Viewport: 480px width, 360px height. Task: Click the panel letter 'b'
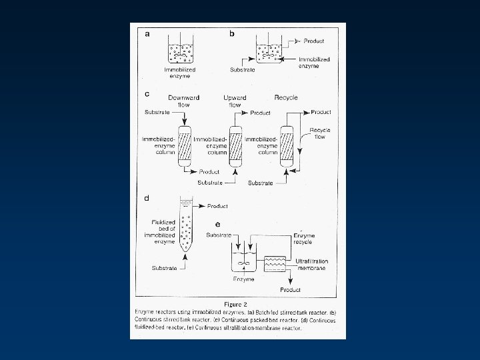point(232,33)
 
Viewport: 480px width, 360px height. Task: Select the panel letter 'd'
point(146,197)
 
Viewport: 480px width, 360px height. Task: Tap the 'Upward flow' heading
point(235,101)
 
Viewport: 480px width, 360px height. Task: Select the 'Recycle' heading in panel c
point(286,98)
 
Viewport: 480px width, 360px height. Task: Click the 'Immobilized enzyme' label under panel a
point(179,72)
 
